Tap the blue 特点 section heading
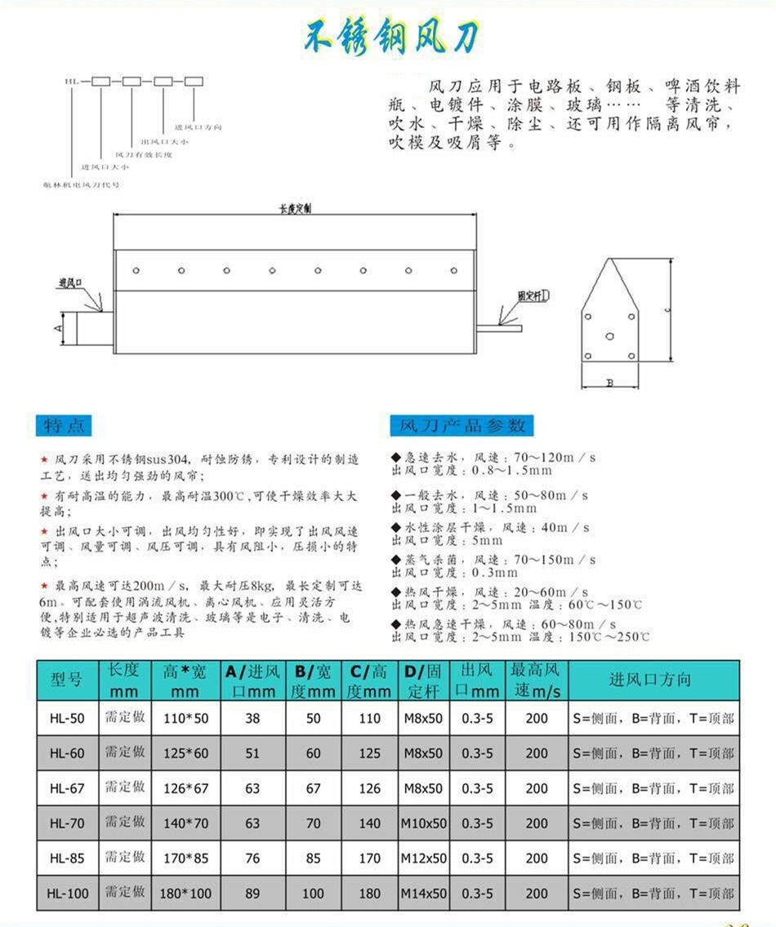(63, 425)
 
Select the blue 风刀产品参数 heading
(462, 425)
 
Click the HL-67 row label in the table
(67, 788)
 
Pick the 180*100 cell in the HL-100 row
(186, 894)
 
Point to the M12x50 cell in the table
(424, 858)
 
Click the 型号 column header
(67, 680)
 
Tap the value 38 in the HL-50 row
(252, 719)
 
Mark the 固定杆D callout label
(533, 296)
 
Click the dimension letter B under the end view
(609, 383)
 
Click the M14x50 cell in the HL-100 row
(424, 894)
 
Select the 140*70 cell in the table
(186, 823)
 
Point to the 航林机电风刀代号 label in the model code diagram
(82, 185)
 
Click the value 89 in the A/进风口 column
(252, 894)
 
